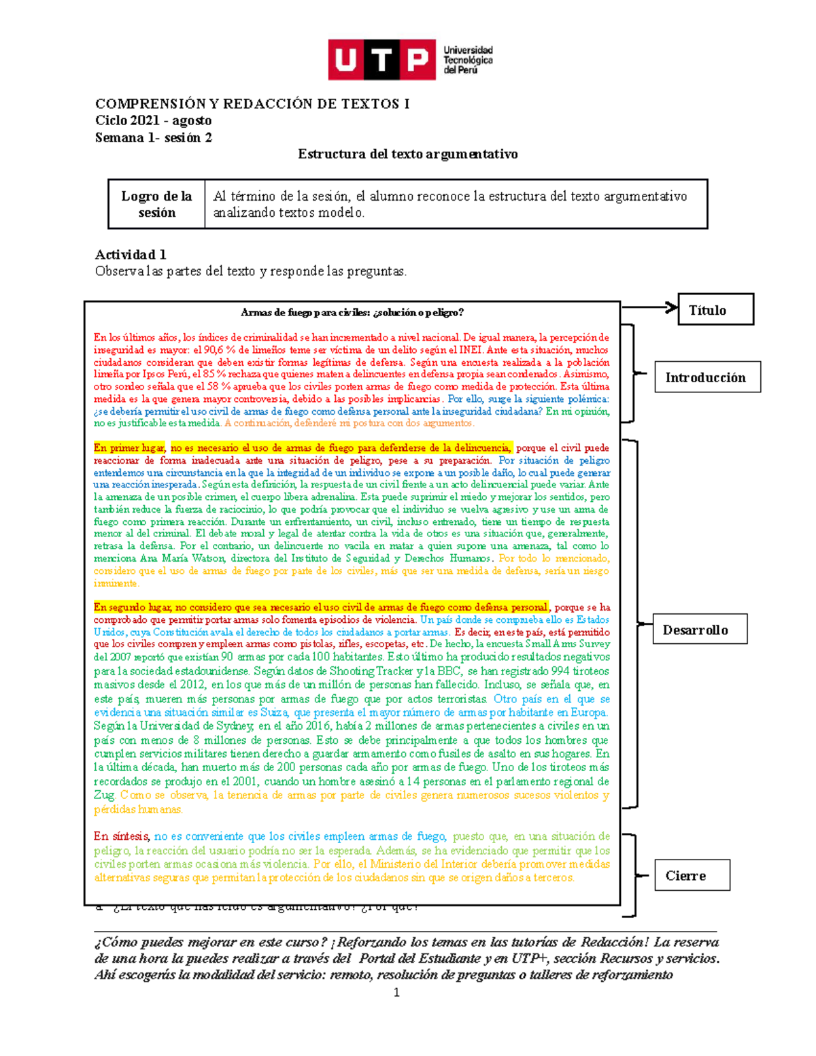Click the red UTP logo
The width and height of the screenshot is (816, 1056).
pos(381,60)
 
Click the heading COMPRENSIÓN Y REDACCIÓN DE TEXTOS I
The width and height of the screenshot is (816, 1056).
pos(252,104)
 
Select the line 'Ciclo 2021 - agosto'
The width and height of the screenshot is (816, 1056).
pos(153,120)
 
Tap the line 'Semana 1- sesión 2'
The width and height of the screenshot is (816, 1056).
pos(153,137)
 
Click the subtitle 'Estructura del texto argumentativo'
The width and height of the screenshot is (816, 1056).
pos(407,154)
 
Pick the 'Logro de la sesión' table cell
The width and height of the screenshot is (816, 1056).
pos(156,204)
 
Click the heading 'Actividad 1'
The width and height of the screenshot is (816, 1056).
pos(131,254)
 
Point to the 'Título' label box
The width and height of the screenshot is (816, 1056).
pos(715,310)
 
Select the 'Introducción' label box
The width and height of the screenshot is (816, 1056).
pos(707,377)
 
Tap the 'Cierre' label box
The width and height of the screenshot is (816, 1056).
pos(692,876)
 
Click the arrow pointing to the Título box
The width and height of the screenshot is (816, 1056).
pos(649,307)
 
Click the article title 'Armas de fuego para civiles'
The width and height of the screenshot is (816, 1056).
pos(352,313)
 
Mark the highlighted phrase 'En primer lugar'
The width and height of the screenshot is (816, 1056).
pos(129,448)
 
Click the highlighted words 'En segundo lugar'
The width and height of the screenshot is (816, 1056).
pos(133,607)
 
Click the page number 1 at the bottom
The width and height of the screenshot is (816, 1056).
pos(396,993)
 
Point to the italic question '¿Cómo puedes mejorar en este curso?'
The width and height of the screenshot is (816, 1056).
pos(211,942)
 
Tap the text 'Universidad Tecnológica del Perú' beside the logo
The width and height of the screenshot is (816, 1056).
pos(468,60)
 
